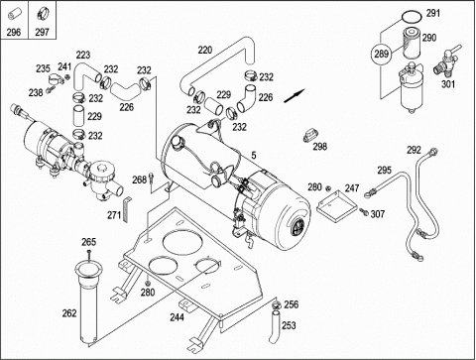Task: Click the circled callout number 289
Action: pos(381,54)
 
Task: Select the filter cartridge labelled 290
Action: pos(412,44)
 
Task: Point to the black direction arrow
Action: pos(295,96)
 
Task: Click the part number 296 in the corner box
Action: pos(14,32)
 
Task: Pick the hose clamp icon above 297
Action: pos(43,13)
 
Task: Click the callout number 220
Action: pos(205,51)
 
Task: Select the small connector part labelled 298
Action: pos(310,136)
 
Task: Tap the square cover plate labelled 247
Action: pos(336,205)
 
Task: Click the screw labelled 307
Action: pos(364,212)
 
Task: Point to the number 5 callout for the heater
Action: pos(254,155)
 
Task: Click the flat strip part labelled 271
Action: pos(127,209)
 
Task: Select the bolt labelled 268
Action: pos(152,178)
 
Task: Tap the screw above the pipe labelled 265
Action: pos(89,256)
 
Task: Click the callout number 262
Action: pos(69,313)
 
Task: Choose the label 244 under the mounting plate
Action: pos(177,317)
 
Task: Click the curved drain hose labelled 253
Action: pos(274,325)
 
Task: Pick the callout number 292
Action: pos(414,150)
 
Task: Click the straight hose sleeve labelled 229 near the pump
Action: pos(78,116)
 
